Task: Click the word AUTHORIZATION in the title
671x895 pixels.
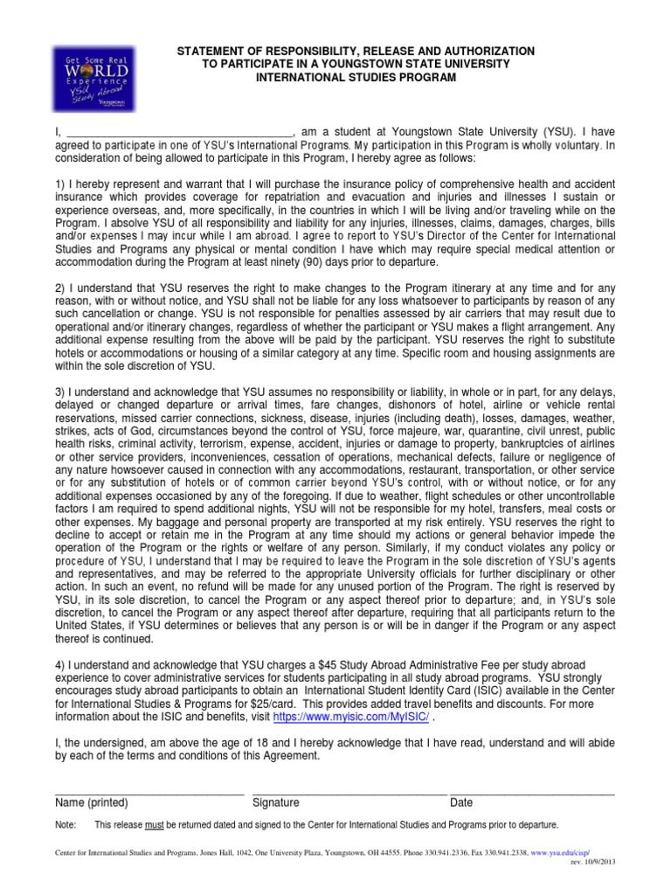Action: tap(476, 52)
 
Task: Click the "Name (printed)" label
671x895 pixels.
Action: tap(92, 802)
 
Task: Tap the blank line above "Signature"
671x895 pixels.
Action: tap(344, 792)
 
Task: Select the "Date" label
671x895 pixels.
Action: tap(461, 802)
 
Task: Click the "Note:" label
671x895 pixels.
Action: tap(66, 825)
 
